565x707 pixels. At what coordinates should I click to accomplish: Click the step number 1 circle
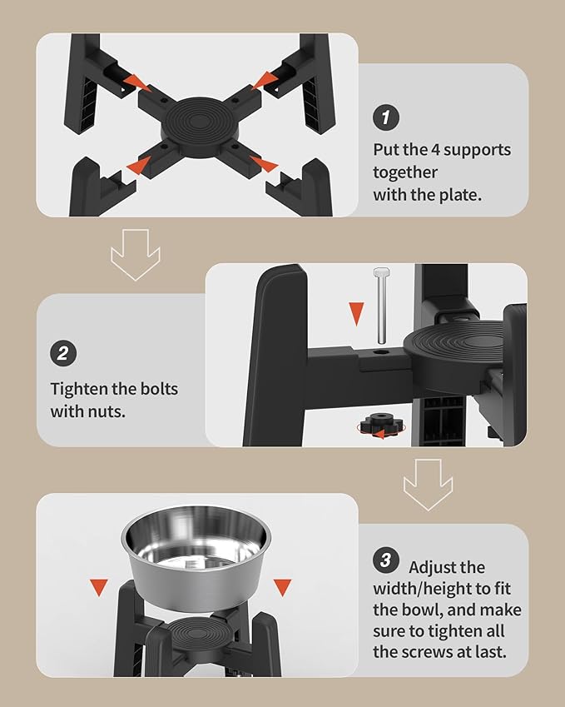point(385,117)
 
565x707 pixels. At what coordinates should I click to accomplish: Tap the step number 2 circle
point(63,353)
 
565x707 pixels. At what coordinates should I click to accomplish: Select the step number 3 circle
point(385,560)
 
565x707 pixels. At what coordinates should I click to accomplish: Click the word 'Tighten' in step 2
point(78,389)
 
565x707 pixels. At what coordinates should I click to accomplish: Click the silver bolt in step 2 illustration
point(381,306)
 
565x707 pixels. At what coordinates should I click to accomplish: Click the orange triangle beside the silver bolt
point(356,313)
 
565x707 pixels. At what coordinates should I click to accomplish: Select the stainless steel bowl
point(196,557)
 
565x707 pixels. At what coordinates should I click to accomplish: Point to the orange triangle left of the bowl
point(99,586)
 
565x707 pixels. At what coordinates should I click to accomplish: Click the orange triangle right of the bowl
point(283,586)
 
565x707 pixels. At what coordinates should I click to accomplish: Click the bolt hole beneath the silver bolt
point(381,351)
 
